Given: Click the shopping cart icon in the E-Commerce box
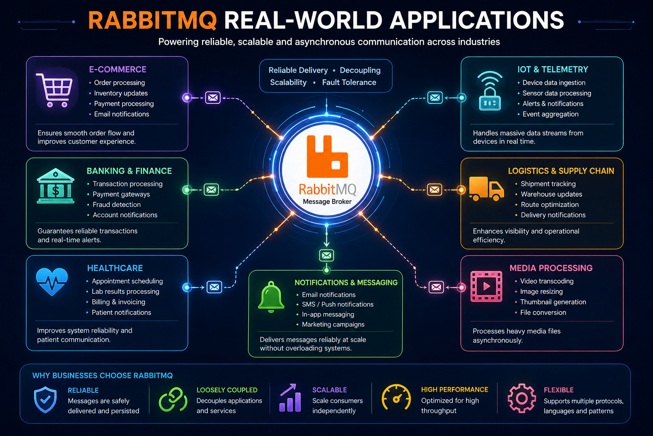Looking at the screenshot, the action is click(x=54, y=90).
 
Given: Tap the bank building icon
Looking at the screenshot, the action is click(x=55, y=186).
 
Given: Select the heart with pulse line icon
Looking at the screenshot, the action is click(x=52, y=281).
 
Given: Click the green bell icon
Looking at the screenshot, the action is click(x=271, y=297).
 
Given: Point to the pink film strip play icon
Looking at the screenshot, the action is click(x=486, y=286).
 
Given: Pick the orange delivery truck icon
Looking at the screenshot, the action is click(x=486, y=189).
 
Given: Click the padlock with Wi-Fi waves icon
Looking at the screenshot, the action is click(x=490, y=91).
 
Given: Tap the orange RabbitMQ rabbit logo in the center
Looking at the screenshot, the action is click(x=327, y=157).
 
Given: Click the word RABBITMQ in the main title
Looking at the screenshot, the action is click(x=153, y=20).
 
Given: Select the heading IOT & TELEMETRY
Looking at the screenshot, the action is click(x=553, y=69).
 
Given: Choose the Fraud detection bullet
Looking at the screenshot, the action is click(x=116, y=204).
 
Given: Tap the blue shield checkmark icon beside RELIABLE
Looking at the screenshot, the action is click(x=45, y=400).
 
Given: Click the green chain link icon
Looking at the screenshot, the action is click(x=173, y=399).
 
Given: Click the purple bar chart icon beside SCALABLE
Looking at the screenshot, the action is click(x=290, y=398).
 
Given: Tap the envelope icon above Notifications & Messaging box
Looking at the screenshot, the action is click(x=326, y=255).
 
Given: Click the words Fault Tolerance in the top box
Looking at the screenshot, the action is click(x=349, y=82).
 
